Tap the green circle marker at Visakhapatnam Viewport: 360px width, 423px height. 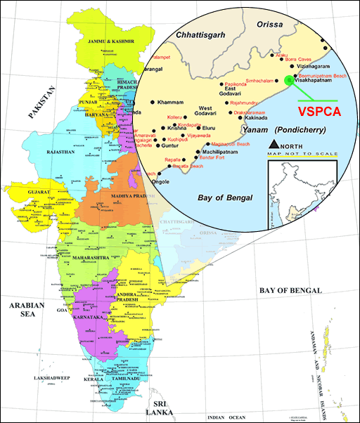coord(289,80)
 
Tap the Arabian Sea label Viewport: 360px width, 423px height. coord(27,310)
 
